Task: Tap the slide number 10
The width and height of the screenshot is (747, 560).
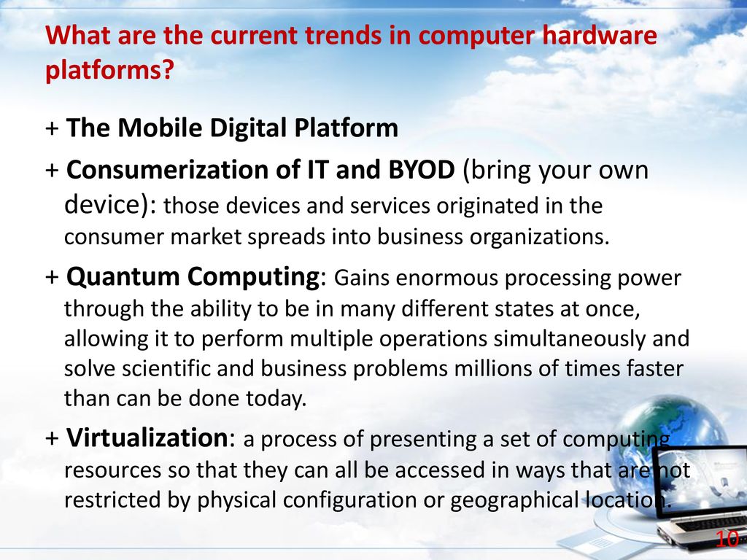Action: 727,540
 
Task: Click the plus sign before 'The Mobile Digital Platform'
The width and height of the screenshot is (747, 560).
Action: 52,129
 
